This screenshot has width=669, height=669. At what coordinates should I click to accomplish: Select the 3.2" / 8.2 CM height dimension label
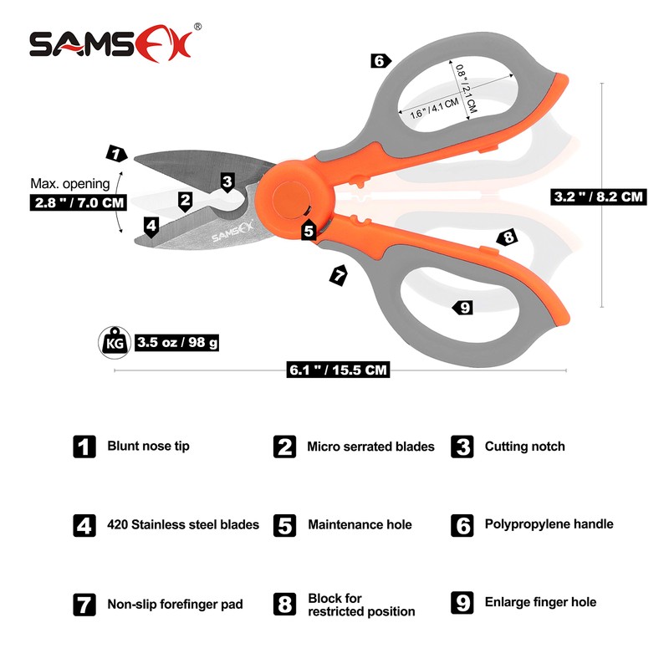click(x=599, y=197)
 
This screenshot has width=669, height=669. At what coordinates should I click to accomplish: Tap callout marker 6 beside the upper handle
click(x=380, y=60)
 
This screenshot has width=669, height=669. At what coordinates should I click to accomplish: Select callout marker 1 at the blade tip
click(x=116, y=153)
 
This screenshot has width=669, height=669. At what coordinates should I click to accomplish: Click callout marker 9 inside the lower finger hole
click(x=462, y=308)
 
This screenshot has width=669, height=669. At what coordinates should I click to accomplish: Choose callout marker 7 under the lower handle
click(x=338, y=274)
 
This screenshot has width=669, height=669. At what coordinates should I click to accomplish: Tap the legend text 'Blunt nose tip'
click(x=148, y=446)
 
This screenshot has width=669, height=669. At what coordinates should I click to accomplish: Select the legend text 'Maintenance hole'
click(x=360, y=525)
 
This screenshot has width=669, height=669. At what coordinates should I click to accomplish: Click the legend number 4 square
click(x=84, y=525)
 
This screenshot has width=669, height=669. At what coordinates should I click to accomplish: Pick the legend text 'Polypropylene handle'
click(x=549, y=524)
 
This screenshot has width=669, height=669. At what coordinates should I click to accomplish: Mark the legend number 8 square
click(x=285, y=604)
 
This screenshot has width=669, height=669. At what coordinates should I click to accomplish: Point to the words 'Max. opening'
click(x=69, y=183)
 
